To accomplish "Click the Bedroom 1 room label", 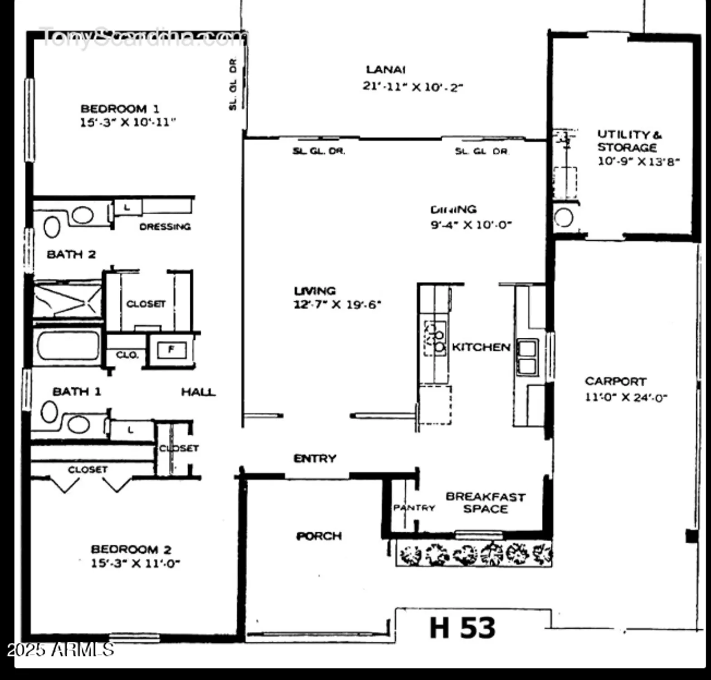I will click(120, 109).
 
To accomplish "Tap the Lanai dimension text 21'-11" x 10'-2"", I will click(412, 86).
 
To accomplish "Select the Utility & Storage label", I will click(629, 141).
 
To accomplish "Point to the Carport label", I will click(615, 381).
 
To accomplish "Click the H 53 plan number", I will click(462, 628).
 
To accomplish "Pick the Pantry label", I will click(414, 508).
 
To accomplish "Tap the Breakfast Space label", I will click(485, 503).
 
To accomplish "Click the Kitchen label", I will click(481, 347).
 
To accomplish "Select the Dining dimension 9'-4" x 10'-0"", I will click(471, 224).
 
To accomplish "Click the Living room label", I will click(315, 291).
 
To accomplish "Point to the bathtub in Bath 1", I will click(68, 346).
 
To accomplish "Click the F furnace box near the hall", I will click(171, 350).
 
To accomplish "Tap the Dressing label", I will click(165, 227).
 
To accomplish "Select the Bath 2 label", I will click(71, 254).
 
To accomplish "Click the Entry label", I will click(315, 458).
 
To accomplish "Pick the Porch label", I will click(319, 536).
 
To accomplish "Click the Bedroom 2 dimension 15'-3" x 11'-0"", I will click(136, 563).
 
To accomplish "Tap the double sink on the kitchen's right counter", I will click(527, 357).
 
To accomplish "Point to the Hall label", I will click(198, 392).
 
